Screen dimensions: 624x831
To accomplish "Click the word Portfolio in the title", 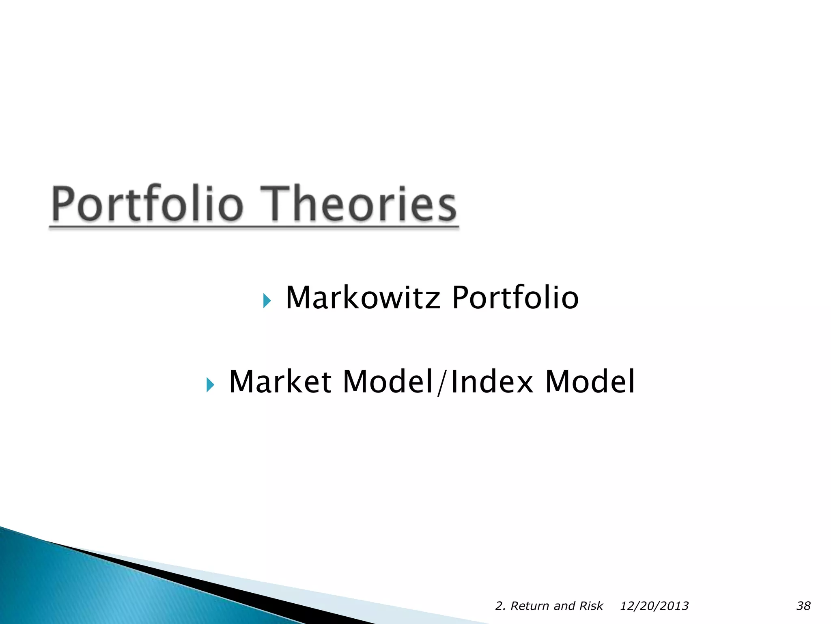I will click(148, 204).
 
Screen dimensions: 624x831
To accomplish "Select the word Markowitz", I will click(363, 298).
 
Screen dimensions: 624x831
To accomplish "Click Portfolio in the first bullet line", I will click(515, 298).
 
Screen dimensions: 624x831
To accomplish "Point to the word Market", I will click(280, 382).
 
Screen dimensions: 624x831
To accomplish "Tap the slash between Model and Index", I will click(442, 383).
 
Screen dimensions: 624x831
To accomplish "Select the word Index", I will click(492, 382).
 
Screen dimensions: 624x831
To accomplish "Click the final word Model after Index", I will click(590, 382).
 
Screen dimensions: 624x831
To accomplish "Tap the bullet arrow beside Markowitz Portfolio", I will click(267, 301).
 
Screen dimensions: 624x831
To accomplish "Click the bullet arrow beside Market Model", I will click(210, 385).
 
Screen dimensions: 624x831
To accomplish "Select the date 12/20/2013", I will click(654, 606).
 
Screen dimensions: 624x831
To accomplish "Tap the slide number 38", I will click(803, 606).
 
